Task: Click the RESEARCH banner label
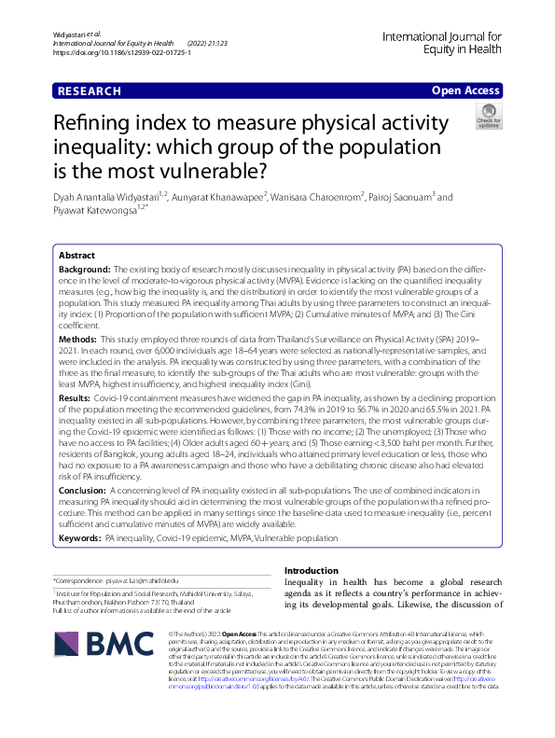tap(90, 91)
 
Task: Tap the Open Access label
tap(466, 91)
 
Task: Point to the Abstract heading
tap(76, 255)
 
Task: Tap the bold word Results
tap(76, 397)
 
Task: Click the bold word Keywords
tap(80, 538)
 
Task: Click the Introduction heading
tap(312, 570)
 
